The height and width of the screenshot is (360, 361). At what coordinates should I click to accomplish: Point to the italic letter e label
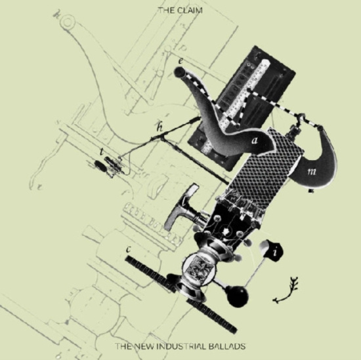pos(180,60)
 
